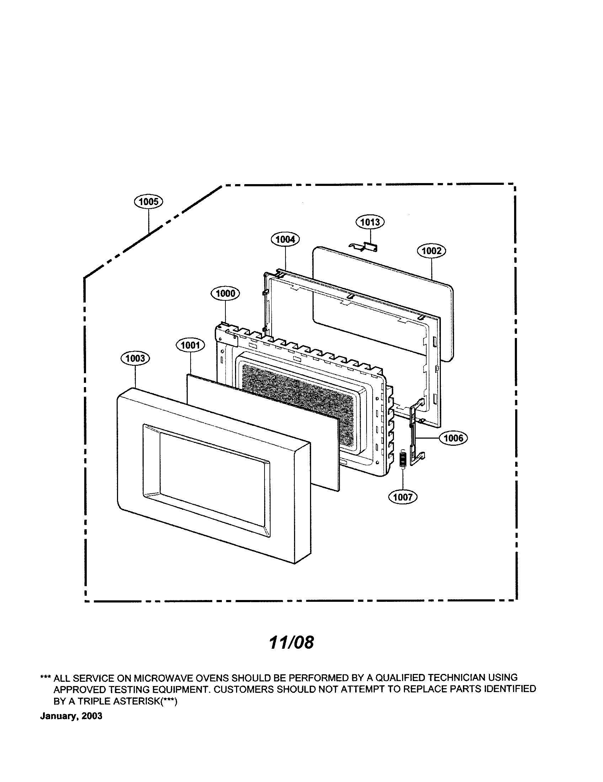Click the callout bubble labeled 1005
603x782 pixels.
[148, 202]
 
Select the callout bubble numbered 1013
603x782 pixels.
[370, 222]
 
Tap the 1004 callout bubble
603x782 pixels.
[286, 239]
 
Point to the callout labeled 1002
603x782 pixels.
[432, 251]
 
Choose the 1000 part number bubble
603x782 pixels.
[225, 294]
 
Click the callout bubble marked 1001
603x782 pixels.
[190, 345]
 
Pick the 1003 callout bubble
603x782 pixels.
[135, 358]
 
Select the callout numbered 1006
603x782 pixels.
[453, 438]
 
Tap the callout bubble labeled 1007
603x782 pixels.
[403, 497]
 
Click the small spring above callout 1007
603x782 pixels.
[402, 459]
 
